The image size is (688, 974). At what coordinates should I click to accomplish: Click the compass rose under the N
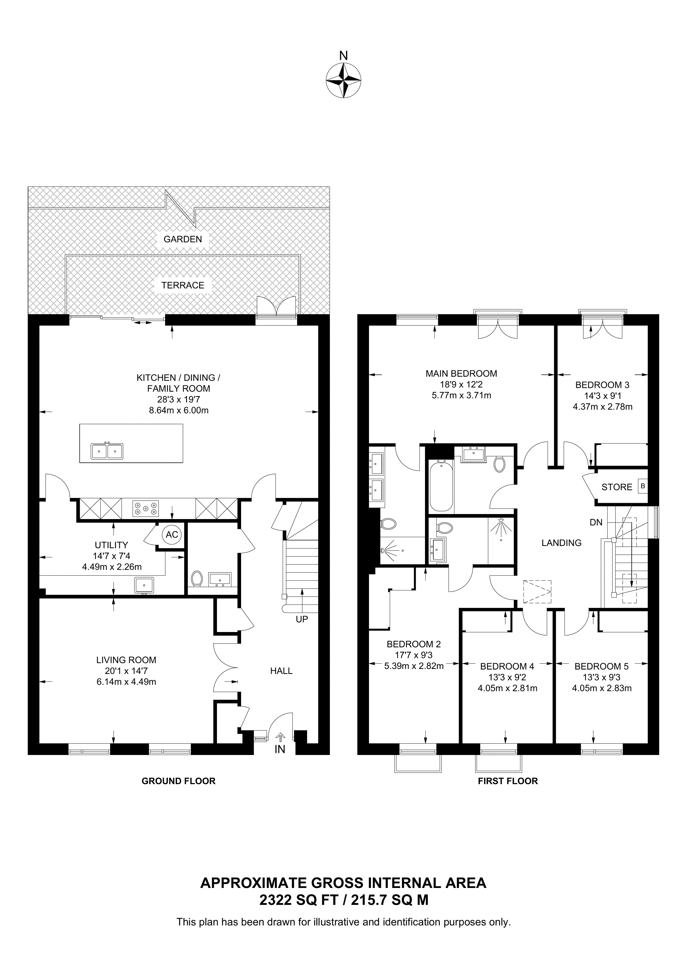tap(343, 81)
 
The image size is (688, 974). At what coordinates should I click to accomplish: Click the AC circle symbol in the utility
tap(172, 535)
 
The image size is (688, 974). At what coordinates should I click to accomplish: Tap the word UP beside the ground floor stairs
tap(302, 620)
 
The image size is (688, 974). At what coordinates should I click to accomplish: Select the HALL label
tap(281, 671)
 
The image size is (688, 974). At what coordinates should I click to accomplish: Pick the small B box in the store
tap(643, 487)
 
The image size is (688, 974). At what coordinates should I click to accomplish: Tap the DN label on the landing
tap(596, 523)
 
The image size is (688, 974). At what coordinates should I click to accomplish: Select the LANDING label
tap(561, 543)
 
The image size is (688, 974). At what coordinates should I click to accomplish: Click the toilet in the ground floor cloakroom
tap(197, 578)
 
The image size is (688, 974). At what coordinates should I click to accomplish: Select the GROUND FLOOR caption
tap(179, 781)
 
